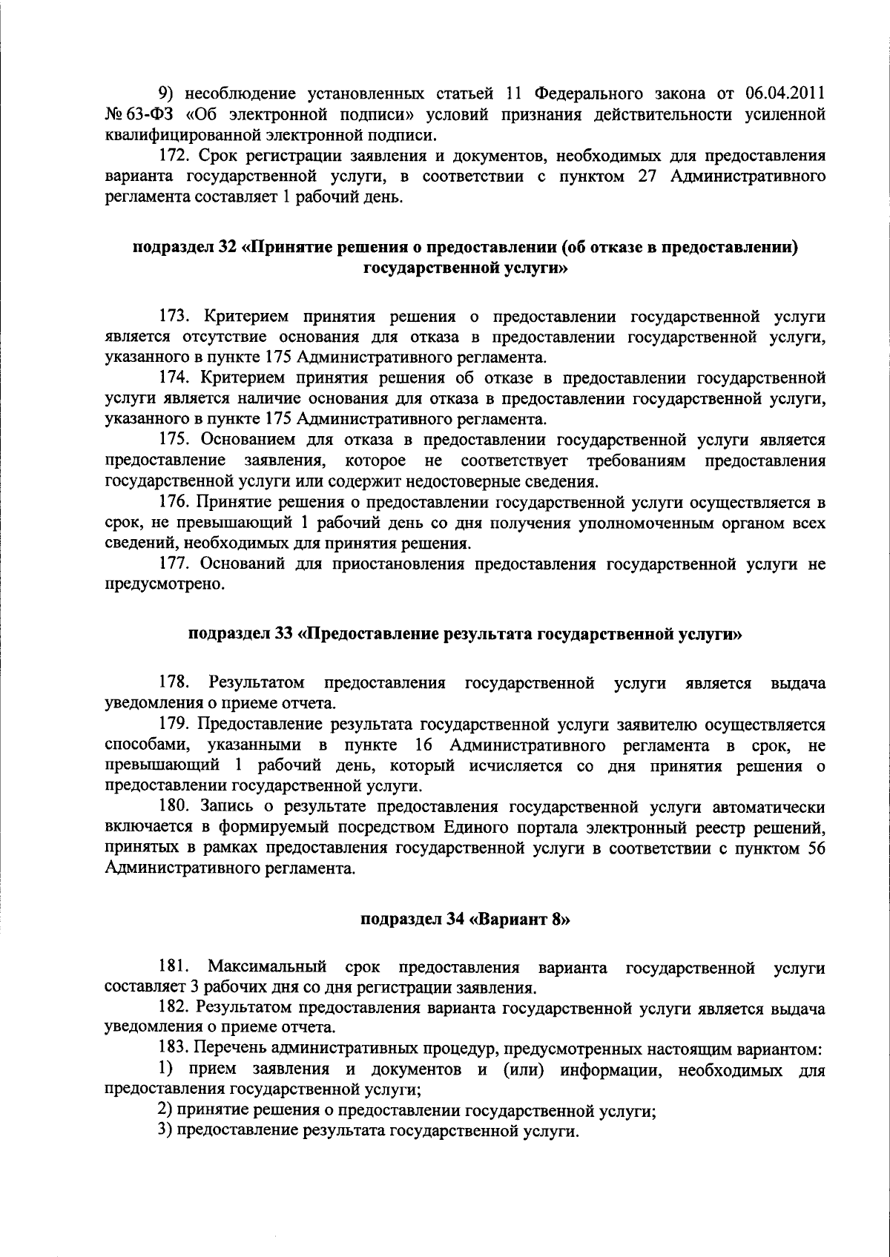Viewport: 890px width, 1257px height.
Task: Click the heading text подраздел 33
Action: [x=240, y=634]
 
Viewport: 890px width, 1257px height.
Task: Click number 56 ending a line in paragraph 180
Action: [x=814, y=848]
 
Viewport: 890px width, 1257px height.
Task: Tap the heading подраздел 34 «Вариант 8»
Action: [x=465, y=920]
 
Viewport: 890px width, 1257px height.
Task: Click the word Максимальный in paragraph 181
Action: [x=268, y=968]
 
